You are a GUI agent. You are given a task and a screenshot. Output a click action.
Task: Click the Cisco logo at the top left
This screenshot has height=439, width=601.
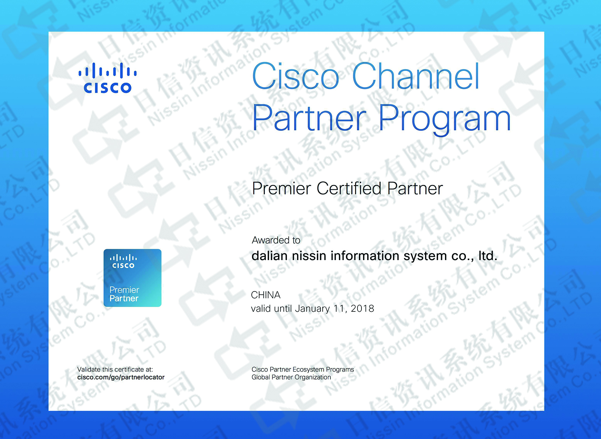(108, 78)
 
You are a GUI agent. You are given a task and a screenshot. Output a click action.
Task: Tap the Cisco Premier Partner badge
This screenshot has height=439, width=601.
(133, 278)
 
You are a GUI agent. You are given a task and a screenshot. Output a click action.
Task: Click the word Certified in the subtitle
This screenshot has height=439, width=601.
(349, 188)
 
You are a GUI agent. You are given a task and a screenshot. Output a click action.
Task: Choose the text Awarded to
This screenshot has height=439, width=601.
(276, 240)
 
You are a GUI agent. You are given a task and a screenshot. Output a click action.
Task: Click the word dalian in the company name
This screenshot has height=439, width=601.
(269, 255)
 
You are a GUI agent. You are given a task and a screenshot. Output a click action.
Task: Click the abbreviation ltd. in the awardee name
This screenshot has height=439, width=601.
(488, 255)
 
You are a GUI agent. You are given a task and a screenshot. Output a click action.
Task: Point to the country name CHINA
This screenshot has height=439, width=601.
(266, 295)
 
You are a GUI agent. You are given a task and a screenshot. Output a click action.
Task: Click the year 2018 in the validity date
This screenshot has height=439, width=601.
(363, 308)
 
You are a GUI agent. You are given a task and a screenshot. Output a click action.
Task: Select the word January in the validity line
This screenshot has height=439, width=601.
(312, 309)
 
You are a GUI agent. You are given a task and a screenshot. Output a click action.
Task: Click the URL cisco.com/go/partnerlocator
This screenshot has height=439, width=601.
(121, 377)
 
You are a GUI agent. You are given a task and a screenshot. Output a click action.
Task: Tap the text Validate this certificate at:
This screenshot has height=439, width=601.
(115, 369)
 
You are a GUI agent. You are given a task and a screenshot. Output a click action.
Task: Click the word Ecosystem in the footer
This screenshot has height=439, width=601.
(309, 370)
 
